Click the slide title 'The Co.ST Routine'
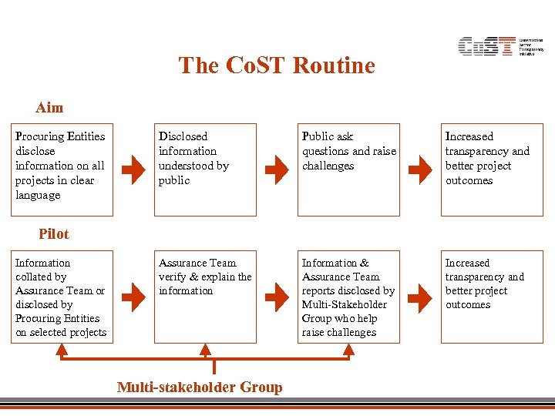pyautogui.click(x=277, y=65)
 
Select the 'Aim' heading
pyautogui.click(x=49, y=108)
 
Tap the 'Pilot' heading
pyautogui.click(x=53, y=234)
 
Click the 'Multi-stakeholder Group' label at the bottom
pyautogui.click(x=200, y=387)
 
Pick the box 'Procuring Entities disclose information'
pyautogui.click(x=62, y=169)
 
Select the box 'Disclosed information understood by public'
pyautogui.click(x=205, y=169)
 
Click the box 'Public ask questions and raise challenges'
pyautogui.click(x=348, y=169)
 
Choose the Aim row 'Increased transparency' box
pyautogui.click(x=492, y=169)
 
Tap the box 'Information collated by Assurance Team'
pyautogui.click(x=62, y=297)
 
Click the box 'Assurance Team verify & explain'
pyautogui.click(x=205, y=297)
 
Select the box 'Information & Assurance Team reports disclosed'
pyautogui.click(x=348, y=297)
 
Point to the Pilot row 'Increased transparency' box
pyautogui.click(x=492, y=297)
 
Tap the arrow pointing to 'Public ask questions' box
pyautogui.click(x=276, y=169)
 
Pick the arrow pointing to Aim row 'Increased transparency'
pyautogui.click(x=420, y=169)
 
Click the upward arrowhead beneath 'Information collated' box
pyautogui.click(x=62, y=350)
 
